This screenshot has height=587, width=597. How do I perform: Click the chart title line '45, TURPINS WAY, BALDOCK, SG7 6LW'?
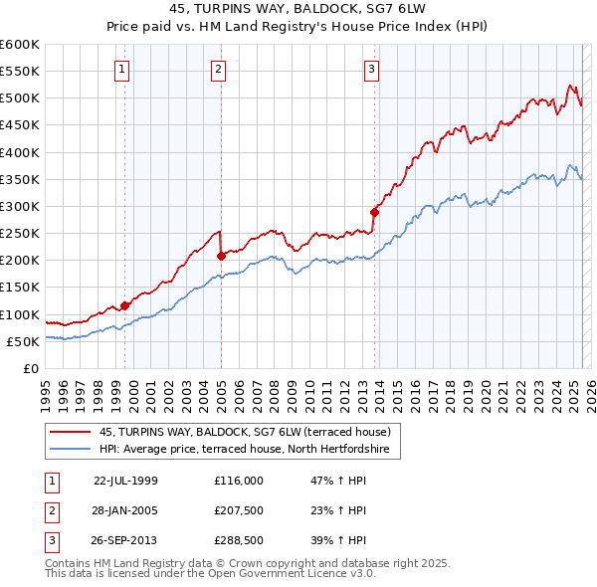(298, 12)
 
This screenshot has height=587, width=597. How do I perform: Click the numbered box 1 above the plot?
(121, 70)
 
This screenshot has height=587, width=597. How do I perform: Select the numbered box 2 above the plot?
(218, 70)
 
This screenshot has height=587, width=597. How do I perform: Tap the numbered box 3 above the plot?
(370, 70)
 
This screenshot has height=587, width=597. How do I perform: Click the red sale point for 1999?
(125, 305)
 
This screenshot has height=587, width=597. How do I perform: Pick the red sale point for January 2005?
(222, 256)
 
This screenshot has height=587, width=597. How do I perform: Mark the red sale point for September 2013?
(375, 212)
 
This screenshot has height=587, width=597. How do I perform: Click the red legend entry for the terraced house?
(249, 433)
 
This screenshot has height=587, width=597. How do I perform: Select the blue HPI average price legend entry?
(249, 450)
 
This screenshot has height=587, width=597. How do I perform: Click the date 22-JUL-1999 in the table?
(125, 481)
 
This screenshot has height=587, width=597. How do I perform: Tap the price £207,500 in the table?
(239, 510)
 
